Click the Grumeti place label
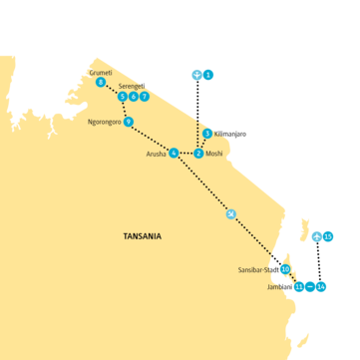(x=102, y=73)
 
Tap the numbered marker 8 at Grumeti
(x=100, y=83)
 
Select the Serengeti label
(x=133, y=87)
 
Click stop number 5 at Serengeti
(x=122, y=97)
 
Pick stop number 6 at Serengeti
(x=133, y=97)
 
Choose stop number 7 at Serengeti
(x=144, y=97)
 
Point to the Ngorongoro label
(x=105, y=122)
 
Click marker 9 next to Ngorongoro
(x=129, y=122)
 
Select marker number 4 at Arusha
(x=174, y=153)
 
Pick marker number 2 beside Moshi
(x=198, y=153)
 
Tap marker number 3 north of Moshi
(x=206, y=133)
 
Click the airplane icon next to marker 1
(x=197, y=74)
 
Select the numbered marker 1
(x=209, y=74)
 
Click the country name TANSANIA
(x=141, y=236)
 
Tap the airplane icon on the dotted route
(x=231, y=214)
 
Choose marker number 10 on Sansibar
(x=285, y=269)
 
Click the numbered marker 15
(x=328, y=236)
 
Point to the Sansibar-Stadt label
(x=257, y=270)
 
